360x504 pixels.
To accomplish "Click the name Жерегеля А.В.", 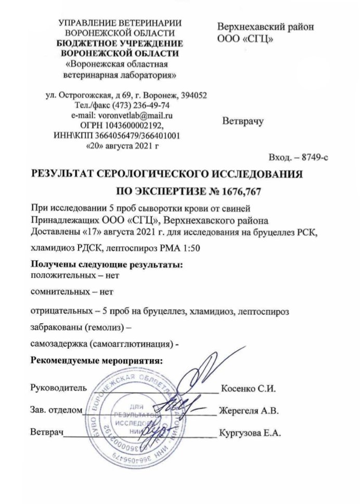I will [x=249, y=410].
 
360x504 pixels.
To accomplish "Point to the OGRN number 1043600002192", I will [x=136, y=126].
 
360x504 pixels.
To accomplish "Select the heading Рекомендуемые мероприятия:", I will [x=97, y=360].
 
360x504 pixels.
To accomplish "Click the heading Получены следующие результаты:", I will [x=107, y=264].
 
